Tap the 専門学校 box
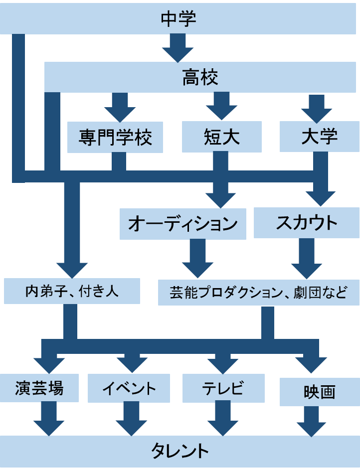point(115,138)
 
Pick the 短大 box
point(221,138)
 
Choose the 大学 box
point(319,137)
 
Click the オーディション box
point(183,224)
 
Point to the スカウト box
point(306,223)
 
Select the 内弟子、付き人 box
point(72,291)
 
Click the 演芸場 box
point(39,388)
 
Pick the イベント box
point(129,388)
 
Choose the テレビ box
point(223,388)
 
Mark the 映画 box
point(319,392)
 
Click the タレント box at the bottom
point(180,452)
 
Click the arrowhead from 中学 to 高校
point(178,54)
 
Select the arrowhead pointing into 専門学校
point(120,114)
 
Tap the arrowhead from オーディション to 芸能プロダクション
point(197,270)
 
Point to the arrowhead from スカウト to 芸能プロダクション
point(306,270)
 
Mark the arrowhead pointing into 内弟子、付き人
point(72,270)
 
